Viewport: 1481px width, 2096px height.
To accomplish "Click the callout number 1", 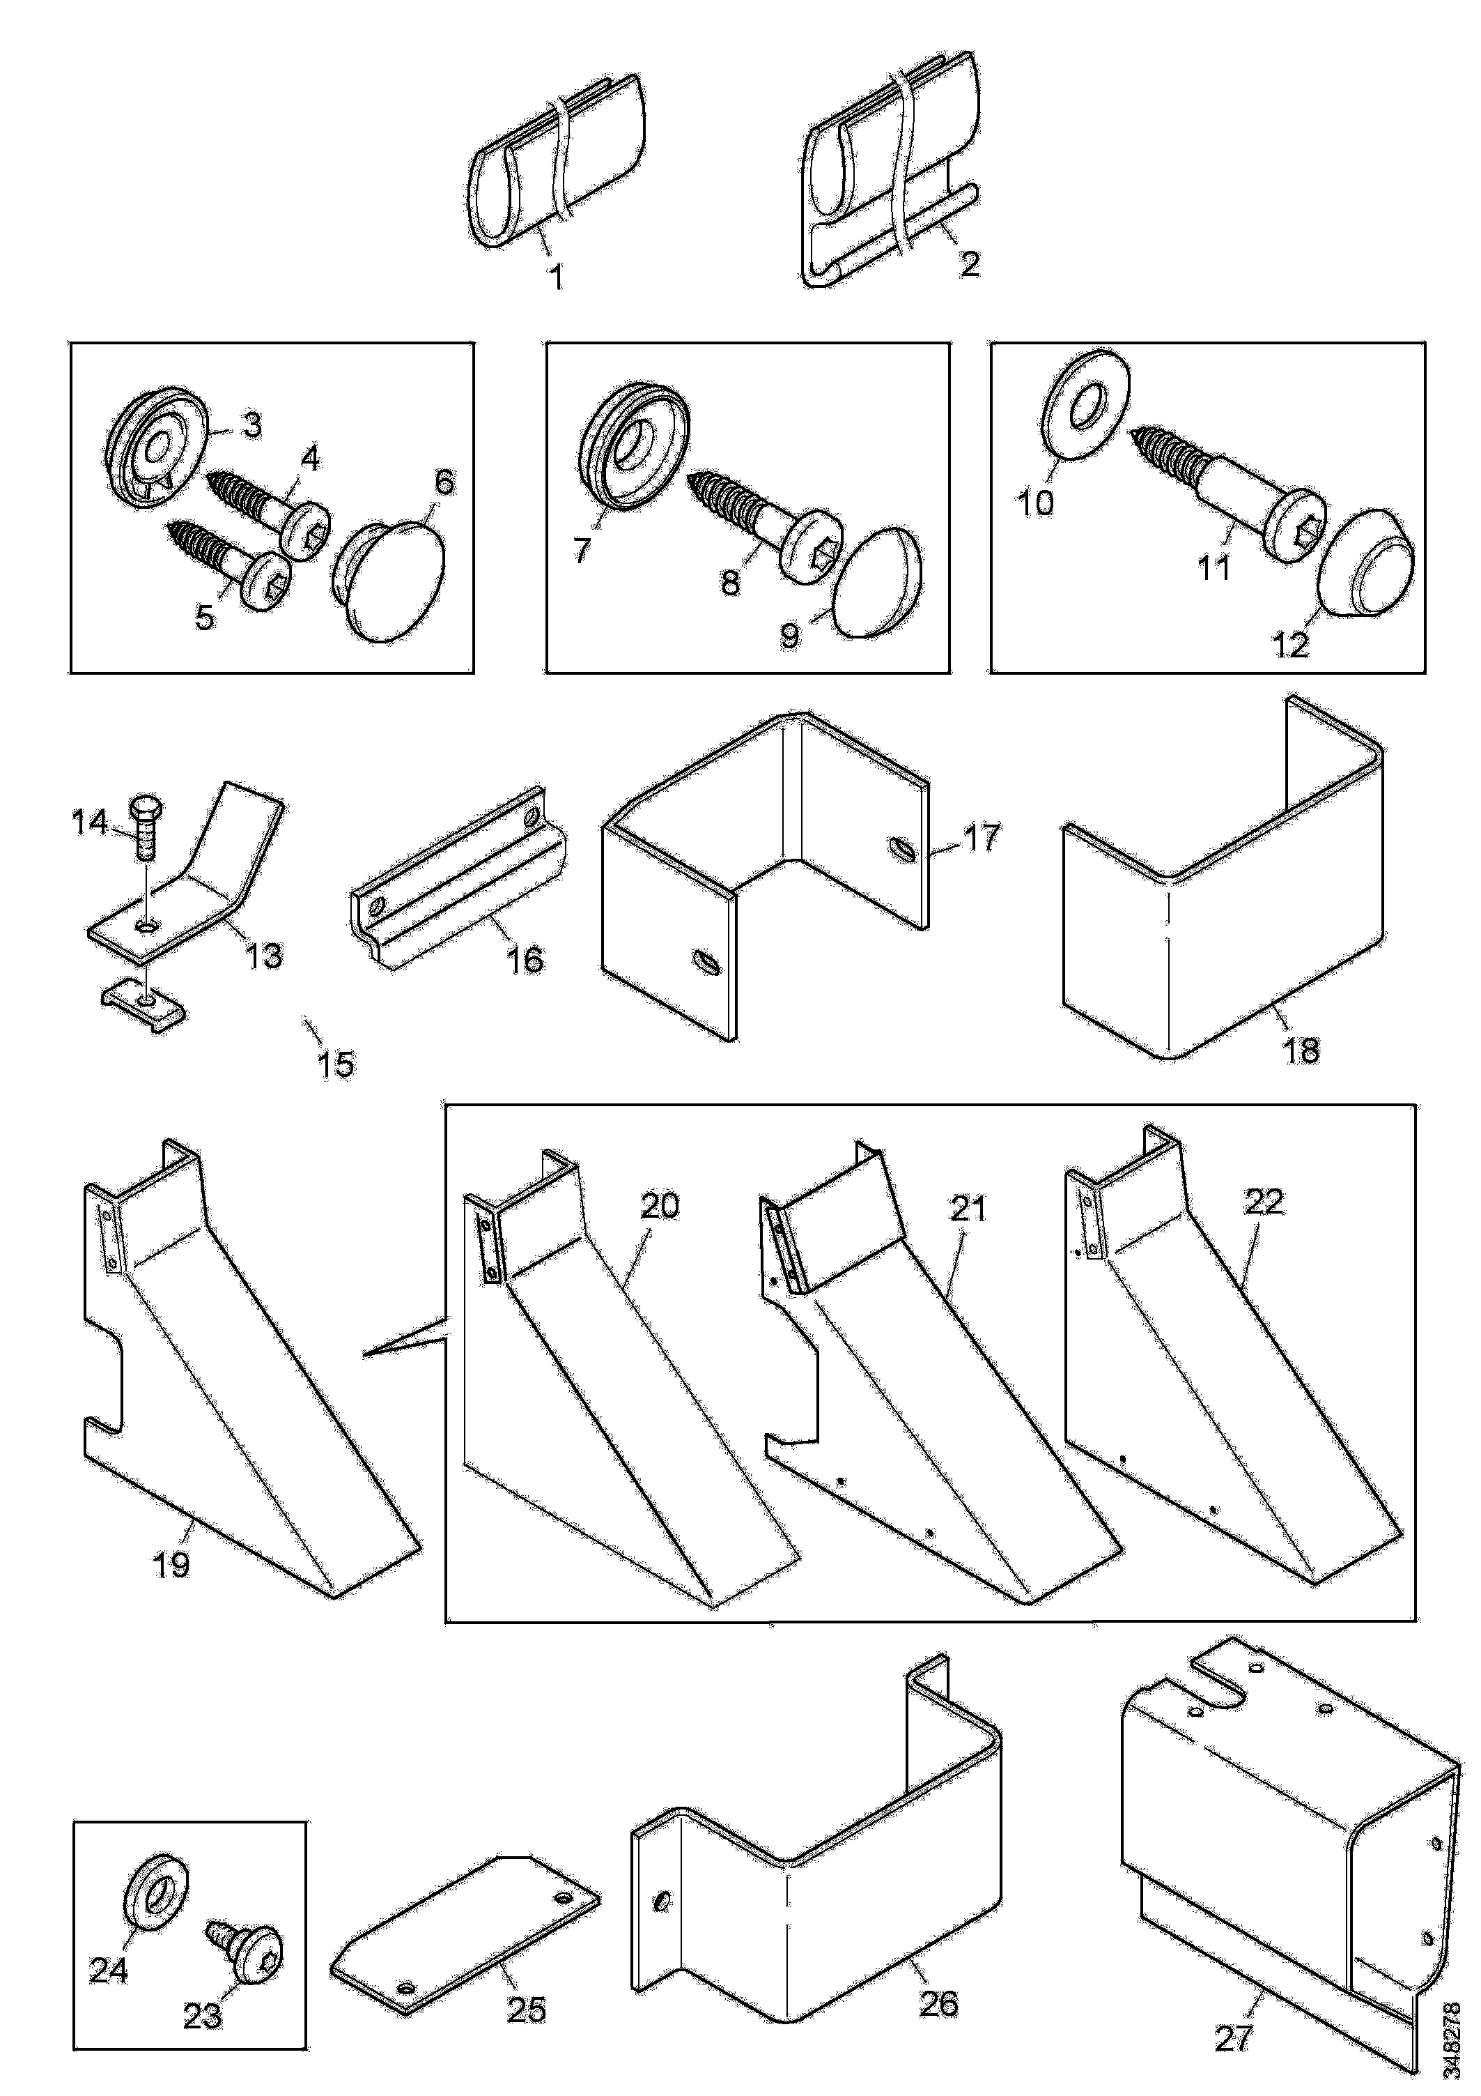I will [557, 276].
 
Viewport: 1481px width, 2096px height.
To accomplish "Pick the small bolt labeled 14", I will [144, 826].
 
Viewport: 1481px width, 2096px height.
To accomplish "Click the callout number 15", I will [336, 1064].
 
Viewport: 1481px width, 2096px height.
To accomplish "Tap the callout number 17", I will [982, 837].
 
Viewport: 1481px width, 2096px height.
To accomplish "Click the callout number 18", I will [1301, 1050].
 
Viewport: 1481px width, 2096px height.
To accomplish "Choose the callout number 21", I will [968, 1209].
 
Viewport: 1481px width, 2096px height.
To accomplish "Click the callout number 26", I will [940, 2004].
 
